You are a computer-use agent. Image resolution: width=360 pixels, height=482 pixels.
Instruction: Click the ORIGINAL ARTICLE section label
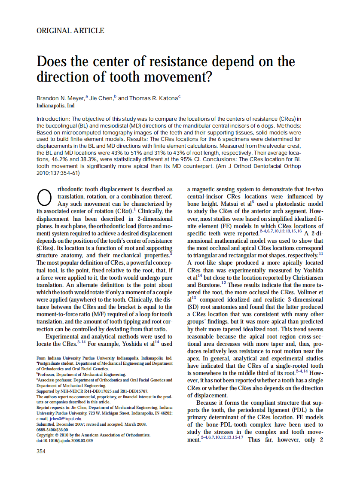[70, 31]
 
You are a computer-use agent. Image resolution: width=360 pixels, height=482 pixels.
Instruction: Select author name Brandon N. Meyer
[61, 98]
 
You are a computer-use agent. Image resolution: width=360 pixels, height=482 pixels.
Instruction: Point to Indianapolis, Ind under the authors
[55, 106]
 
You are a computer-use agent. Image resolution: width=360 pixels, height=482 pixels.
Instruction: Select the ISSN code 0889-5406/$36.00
[52, 429]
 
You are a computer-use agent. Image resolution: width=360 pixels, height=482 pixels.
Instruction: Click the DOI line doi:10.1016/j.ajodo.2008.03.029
[64, 440]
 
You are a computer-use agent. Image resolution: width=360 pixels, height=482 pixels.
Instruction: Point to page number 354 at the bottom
[41, 451]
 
